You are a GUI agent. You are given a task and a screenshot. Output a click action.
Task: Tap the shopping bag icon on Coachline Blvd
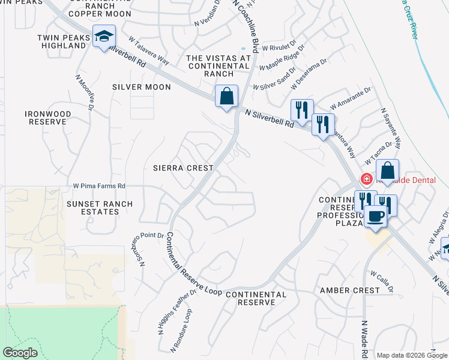tap(226, 96)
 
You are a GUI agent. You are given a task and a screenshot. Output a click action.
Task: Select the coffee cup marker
tap(376, 217)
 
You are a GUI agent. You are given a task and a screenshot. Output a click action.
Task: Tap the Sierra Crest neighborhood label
tap(182, 169)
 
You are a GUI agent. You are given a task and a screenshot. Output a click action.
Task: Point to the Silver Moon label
tap(142, 87)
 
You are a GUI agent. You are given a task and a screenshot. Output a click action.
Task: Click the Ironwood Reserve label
tap(48, 118)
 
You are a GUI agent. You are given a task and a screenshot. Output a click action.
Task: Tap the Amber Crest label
tap(350, 290)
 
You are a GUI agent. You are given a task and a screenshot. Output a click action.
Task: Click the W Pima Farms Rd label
tap(99, 186)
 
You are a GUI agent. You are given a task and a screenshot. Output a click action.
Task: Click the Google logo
tap(20, 352)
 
